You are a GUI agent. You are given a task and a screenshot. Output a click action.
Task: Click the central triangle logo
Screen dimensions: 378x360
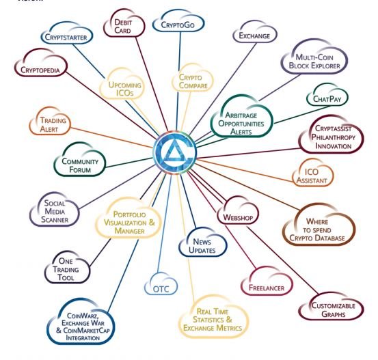175,152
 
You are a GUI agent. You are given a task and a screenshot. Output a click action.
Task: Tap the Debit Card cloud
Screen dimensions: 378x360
124,23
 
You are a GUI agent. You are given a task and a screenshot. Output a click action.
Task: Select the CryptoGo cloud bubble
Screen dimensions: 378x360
178,22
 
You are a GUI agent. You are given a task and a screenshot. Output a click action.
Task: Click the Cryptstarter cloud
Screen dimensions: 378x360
67,33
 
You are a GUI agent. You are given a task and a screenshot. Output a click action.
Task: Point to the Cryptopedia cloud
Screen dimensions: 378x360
41,63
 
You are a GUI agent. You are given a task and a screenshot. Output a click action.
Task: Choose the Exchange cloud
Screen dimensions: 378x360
255,33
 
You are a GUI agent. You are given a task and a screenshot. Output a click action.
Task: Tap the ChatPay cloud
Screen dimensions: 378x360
327,95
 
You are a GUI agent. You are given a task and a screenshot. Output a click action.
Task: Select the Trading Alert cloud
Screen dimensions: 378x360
50,122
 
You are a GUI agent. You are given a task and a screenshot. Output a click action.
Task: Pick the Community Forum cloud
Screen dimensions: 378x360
80,160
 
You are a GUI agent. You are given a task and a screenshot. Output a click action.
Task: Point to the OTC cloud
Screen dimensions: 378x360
161,284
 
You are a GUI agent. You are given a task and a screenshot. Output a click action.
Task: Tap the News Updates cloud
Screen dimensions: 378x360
202,243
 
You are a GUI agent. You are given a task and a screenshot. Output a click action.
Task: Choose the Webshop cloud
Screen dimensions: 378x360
238,210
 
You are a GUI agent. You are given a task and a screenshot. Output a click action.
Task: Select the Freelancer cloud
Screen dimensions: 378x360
267,281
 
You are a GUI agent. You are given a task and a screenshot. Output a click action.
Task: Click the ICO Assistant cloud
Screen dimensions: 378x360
312,173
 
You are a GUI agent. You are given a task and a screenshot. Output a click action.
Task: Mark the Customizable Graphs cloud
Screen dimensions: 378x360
332,307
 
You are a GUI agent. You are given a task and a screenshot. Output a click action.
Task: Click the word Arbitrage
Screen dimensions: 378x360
241,115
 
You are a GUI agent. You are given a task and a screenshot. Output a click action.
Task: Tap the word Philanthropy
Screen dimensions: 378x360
334,137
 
